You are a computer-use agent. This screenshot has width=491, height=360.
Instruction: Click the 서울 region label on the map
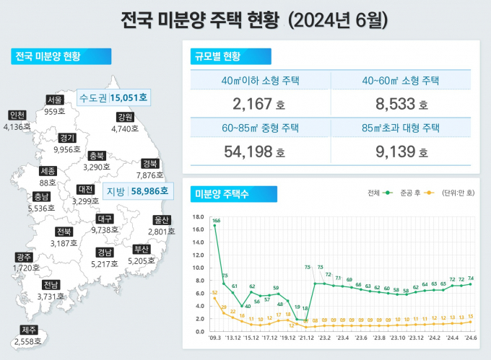[x=54, y=100]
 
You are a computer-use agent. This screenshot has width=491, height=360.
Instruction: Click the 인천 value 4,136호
[x=17, y=127]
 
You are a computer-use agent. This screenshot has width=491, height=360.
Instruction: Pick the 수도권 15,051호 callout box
[x=114, y=97]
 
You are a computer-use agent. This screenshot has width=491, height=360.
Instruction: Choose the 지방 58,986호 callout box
[x=138, y=191]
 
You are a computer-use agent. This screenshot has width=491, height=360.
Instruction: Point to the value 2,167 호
[x=255, y=104]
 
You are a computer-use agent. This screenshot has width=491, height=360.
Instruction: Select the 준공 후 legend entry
[x=414, y=193]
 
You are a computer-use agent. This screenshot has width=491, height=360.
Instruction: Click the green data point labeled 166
[x=214, y=226]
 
